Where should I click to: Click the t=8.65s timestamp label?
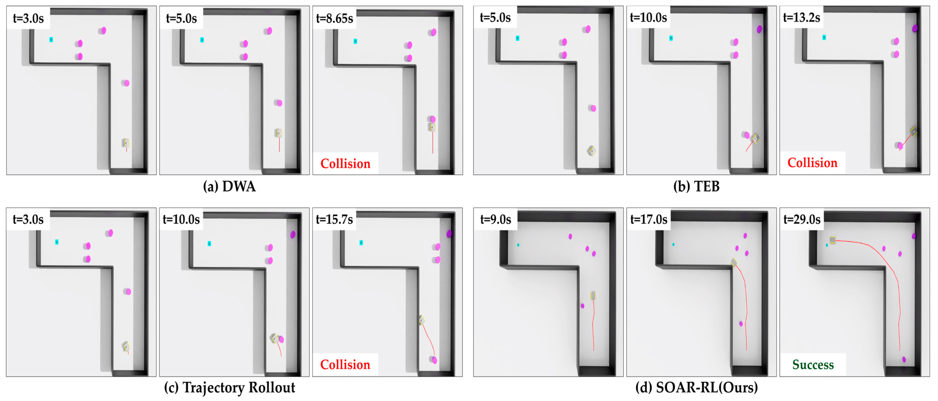[x=334, y=18]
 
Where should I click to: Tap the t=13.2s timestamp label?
[x=801, y=17]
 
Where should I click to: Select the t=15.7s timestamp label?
[x=334, y=219]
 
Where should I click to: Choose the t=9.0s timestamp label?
[x=496, y=219]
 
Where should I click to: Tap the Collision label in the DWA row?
[x=345, y=164]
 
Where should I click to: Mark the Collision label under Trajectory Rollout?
[x=345, y=365]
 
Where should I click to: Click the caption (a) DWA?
[x=229, y=186]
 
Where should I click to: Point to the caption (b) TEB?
[x=696, y=186]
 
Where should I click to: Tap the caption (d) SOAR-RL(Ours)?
[x=696, y=388]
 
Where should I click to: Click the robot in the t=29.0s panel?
[x=832, y=240]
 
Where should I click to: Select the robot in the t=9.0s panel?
[x=593, y=295]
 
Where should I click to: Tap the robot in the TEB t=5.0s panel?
[x=592, y=151]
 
